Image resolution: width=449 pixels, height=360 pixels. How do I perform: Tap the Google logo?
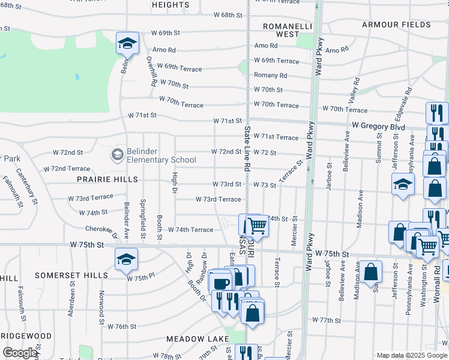(20, 353)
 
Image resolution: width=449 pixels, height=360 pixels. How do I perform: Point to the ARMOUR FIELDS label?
(396, 25)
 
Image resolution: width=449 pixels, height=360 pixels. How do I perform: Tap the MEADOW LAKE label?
(198, 339)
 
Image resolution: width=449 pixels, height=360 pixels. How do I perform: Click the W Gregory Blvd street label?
(378, 127)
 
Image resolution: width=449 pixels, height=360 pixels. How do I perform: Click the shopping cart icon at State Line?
(257, 225)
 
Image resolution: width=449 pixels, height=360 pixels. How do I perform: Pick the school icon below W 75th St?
(126, 259)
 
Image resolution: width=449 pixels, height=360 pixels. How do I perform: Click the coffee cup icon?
(221, 283)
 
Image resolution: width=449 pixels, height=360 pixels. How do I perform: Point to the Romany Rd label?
(270, 76)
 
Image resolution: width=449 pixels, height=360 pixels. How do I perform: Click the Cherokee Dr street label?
(100, 229)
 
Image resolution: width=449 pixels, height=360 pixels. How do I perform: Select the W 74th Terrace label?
(190, 230)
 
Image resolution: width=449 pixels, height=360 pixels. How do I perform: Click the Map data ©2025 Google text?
(411, 355)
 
